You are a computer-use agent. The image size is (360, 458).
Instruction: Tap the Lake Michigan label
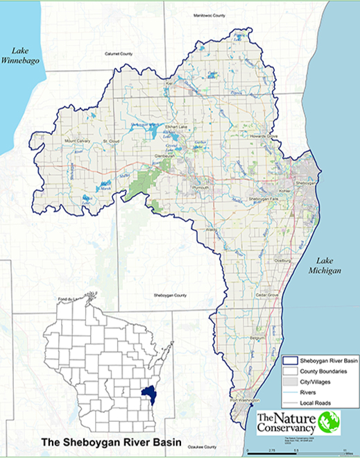(327, 263)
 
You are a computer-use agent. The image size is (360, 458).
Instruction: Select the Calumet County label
(118, 53)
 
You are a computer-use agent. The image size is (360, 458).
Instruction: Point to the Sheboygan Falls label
(262, 198)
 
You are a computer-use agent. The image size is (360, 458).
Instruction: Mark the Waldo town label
(212, 228)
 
